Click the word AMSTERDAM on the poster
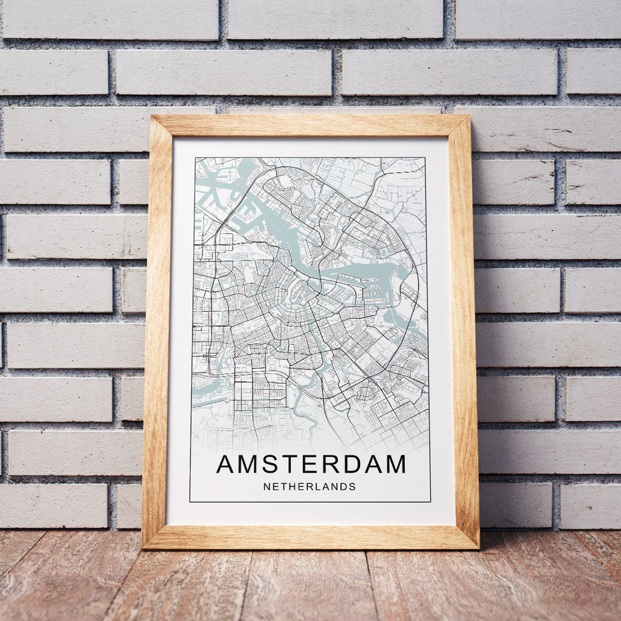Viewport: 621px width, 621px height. click(x=310, y=464)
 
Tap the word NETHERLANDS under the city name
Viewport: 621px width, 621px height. click(x=309, y=487)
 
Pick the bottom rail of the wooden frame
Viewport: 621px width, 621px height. click(x=310, y=537)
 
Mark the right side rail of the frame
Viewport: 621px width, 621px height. click(x=465, y=329)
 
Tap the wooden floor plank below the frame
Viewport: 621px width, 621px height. click(x=310, y=584)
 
